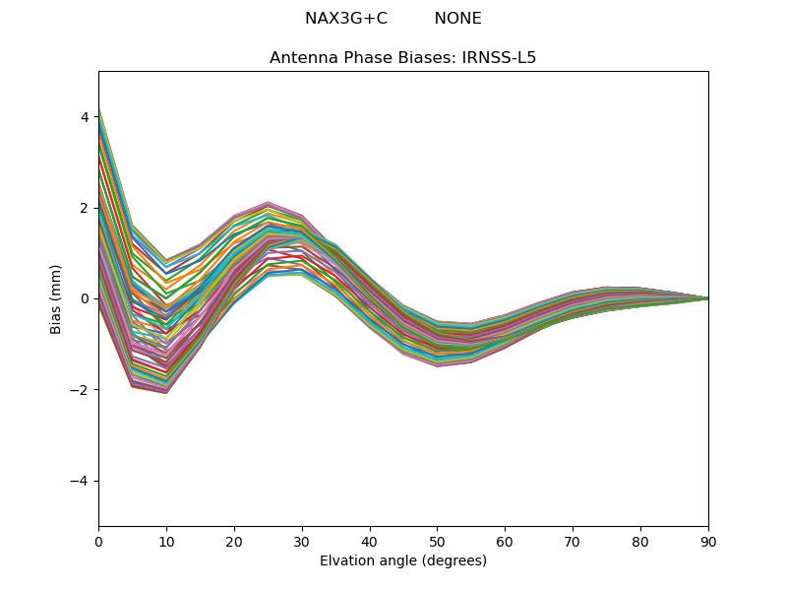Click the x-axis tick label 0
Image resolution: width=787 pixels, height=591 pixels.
(98, 541)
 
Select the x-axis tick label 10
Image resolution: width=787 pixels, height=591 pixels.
(166, 541)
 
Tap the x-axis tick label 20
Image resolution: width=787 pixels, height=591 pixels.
(234, 541)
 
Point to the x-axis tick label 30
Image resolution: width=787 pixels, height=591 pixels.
(302, 541)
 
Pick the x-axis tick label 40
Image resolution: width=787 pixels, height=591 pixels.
(370, 541)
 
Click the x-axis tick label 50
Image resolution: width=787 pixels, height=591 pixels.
(437, 541)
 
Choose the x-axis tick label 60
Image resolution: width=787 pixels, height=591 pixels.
(505, 541)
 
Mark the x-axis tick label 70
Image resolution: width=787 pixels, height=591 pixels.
(573, 541)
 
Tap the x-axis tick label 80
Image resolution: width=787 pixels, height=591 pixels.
(640, 541)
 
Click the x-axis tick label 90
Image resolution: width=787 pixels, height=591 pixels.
(708, 541)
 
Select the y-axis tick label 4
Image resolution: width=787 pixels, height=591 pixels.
(85, 117)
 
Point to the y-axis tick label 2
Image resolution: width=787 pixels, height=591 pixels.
(85, 208)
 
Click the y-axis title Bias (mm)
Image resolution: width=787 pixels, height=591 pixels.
(56, 298)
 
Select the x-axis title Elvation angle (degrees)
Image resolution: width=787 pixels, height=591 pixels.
(403, 560)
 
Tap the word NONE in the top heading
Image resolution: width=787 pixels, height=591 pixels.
(457, 19)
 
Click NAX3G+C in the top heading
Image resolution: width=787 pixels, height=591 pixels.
(346, 19)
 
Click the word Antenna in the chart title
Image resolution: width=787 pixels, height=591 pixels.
(301, 58)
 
